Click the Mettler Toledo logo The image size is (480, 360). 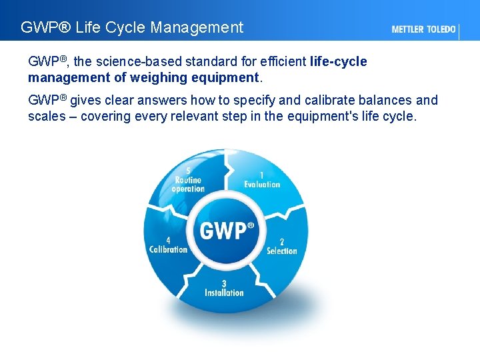point(424,29)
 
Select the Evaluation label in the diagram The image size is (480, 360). point(262,185)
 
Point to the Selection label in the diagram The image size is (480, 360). point(281,251)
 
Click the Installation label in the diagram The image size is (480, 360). point(224,293)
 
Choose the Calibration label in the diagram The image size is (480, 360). point(168,249)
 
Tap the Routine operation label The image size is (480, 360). point(188,185)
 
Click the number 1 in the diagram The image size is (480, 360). point(261,175)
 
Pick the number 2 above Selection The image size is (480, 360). point(281,241)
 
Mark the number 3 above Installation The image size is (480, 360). point(224,283)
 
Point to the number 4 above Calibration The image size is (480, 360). point(168,241)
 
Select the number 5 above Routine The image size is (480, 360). point(188,171)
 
